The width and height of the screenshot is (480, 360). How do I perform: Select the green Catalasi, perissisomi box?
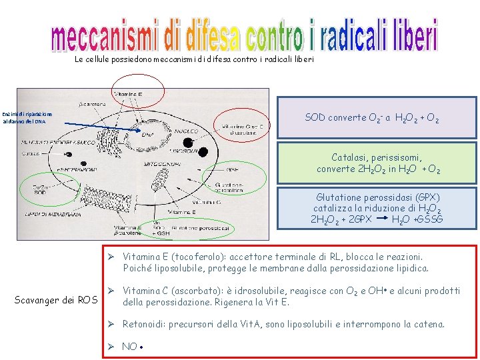[x=377, y=163]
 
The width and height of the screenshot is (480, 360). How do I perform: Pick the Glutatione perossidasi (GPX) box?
[x=377, y=208]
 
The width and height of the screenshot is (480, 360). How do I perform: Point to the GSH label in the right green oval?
[x=231, y=169]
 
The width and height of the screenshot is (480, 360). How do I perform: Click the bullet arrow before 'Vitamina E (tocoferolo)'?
[x=113, y=257]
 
